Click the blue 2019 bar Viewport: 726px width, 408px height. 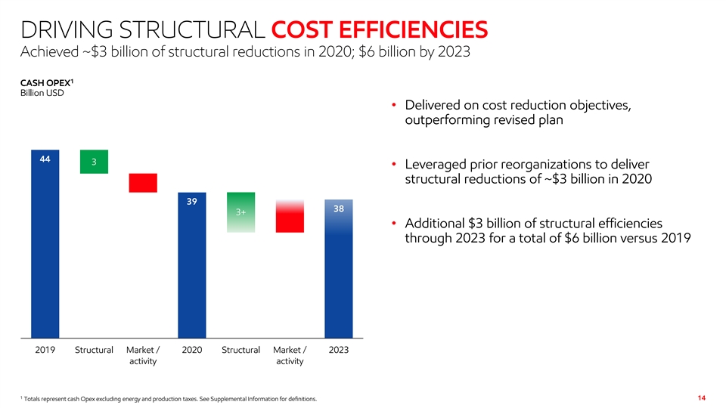(45, 249)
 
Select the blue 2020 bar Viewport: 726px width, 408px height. (191, 272)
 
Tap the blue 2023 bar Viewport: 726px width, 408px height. (338, 280)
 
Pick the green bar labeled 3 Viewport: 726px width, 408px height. (94, 162)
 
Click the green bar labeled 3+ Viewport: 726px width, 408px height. (240, 212)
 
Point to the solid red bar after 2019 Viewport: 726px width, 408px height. (143, 183)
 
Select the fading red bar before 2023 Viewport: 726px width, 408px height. (290, 217)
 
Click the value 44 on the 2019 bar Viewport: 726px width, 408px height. (45, 159)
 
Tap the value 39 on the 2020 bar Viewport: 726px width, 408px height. (191, 202)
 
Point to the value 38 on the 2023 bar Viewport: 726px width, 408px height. (338, 208)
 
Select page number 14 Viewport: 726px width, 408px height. (701, 397)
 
